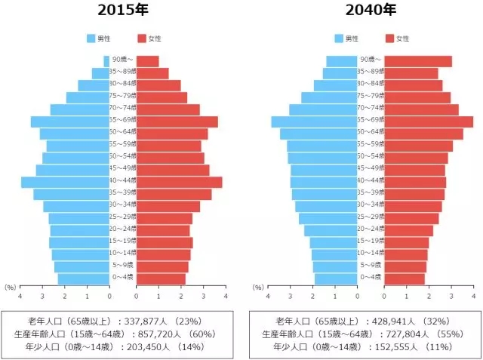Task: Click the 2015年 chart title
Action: (x=122, y=11)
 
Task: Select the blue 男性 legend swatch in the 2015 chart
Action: (x=92, y=38)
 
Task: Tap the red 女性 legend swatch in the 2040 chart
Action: (x=389, y=38)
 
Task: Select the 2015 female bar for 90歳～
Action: (x=147, y=61)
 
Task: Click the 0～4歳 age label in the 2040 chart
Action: (x=371, y=277)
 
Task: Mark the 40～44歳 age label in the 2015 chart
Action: (x=124, y=180)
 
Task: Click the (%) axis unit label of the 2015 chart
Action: (x=10, y=287)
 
